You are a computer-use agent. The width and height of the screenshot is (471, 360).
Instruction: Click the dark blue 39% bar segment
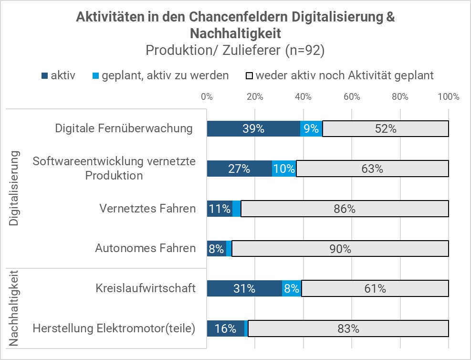pos(253,128)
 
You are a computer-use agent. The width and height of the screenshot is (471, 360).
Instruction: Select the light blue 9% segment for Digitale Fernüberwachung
pos(311,128)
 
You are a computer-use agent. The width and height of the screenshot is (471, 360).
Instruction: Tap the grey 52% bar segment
pos(385,128)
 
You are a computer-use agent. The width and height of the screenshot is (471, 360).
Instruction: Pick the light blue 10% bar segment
pos(284,169)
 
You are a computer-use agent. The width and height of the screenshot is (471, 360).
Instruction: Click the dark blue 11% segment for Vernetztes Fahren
pos(220,209)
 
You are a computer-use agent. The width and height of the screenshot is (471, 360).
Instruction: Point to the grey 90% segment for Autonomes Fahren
pos(340,249)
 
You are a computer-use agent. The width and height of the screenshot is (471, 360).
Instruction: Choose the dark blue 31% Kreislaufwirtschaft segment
pos(244,289)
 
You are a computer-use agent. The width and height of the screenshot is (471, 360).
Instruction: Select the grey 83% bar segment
pos(348,329)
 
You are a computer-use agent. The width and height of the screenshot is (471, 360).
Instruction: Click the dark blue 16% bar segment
pos(226,329)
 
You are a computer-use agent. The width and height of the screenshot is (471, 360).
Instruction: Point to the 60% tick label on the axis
pos(352,97)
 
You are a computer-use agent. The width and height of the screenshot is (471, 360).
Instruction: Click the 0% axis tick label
pos(207,97)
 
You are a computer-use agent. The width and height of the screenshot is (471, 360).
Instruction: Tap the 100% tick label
pos(448,97)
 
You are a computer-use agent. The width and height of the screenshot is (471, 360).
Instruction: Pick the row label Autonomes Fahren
pos(145,248)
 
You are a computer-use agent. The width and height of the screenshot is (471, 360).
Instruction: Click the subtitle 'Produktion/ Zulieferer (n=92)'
pos(235,51)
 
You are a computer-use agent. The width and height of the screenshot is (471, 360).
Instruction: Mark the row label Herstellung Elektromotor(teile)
pos(114,328)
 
